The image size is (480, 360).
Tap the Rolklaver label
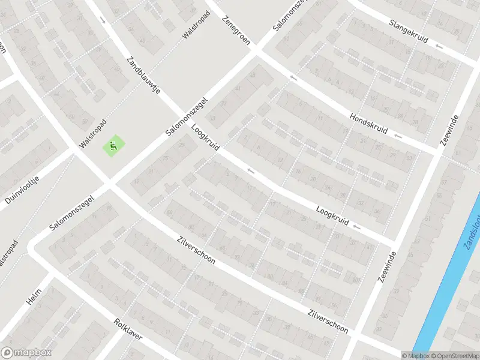pyautogui.click(x=128, y=329)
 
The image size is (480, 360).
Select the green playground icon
pyautogui.click(x=112, y=145)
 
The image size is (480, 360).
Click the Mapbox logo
pyautogui.click(x=26, y=353)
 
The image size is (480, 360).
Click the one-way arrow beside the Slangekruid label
pyautogui.click(x=440, y=46)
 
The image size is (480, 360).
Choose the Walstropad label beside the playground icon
pyautogui.click(x=92, y=134)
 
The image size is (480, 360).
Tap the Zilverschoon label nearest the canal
pyautogui.click(x=327, y=320)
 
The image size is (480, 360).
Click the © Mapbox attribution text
pyautogui.click(x=415, y=356)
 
